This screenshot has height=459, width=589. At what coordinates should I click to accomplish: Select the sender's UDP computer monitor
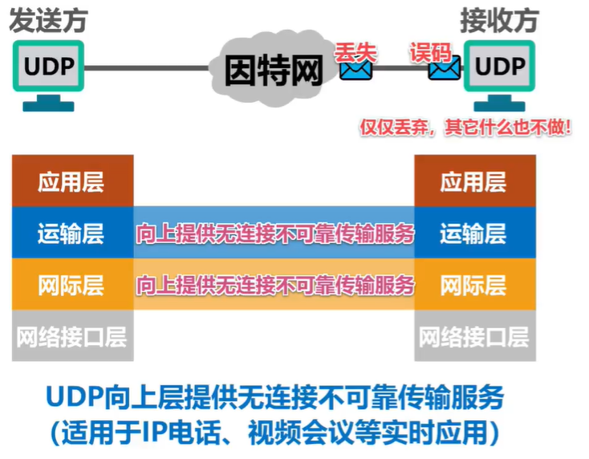[x=48, y=67]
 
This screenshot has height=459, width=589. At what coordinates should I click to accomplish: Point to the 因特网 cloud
[x=273, y=68]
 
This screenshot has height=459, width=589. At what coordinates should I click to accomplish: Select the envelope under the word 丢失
[x=356, y=71]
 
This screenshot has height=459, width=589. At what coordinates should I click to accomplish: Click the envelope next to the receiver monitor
[x=444, y=69]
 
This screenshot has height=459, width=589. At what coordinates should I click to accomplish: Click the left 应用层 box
[x=72, y=181]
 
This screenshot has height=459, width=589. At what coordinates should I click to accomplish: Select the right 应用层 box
[x=473, y=181]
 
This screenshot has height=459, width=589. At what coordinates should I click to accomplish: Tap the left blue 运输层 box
[x=72, y=234]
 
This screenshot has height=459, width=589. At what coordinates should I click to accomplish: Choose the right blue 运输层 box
[x=473, y=234]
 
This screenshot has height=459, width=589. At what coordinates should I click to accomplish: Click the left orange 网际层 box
[x=72, y=284]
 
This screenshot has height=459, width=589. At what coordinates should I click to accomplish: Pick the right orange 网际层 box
[x=473, y=284]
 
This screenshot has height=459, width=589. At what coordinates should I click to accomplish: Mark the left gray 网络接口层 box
[x=72, y=335]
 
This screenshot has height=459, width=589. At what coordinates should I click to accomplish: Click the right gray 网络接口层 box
[x=473, y=335]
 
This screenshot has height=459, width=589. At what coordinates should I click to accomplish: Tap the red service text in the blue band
[x=274, y=234]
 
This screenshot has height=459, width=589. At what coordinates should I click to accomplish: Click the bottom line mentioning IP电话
[x=274, y=433]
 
